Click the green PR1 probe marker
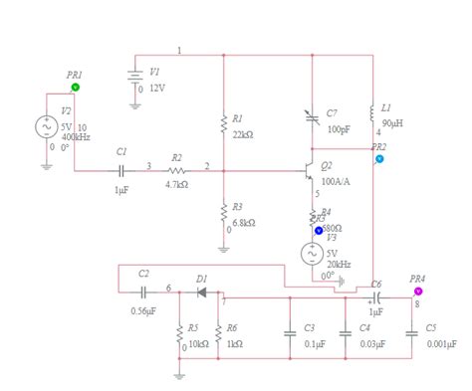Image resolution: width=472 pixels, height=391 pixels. (76, 88)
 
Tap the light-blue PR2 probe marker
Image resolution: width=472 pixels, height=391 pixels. (379, 159)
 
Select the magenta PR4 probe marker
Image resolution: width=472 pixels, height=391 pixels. (418, 292)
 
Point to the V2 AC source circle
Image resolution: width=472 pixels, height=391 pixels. (47, 127)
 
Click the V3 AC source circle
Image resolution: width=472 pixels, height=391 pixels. (312, 253)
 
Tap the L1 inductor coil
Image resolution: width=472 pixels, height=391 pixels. (372, 111)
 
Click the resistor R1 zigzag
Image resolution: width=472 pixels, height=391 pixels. (223, 123)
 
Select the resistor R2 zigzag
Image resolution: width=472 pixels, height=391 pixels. (176, 170)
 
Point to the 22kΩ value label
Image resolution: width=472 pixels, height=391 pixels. (243, 133)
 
